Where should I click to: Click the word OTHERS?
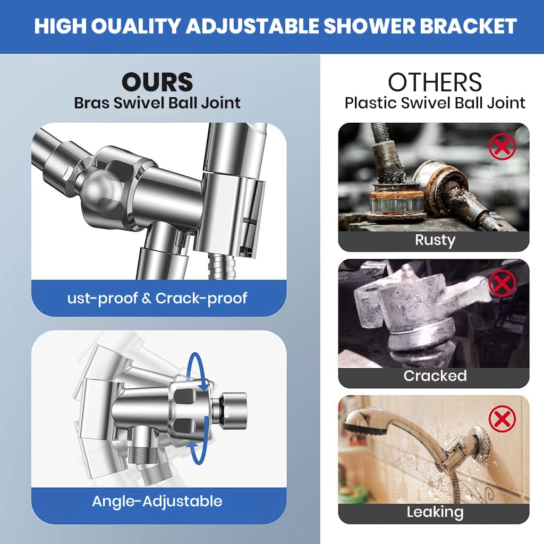[x=435, y=82]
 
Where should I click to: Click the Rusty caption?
[x=435, y=240]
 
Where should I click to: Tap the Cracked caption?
[x=435, y=376]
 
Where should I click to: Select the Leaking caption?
[x=435, y=512]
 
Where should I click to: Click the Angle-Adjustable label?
[x=157, y=501]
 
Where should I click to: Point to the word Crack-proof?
[x=201, y=298]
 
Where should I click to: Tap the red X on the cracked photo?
[x=501, y=283]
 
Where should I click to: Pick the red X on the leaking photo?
[x=501, y=420]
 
